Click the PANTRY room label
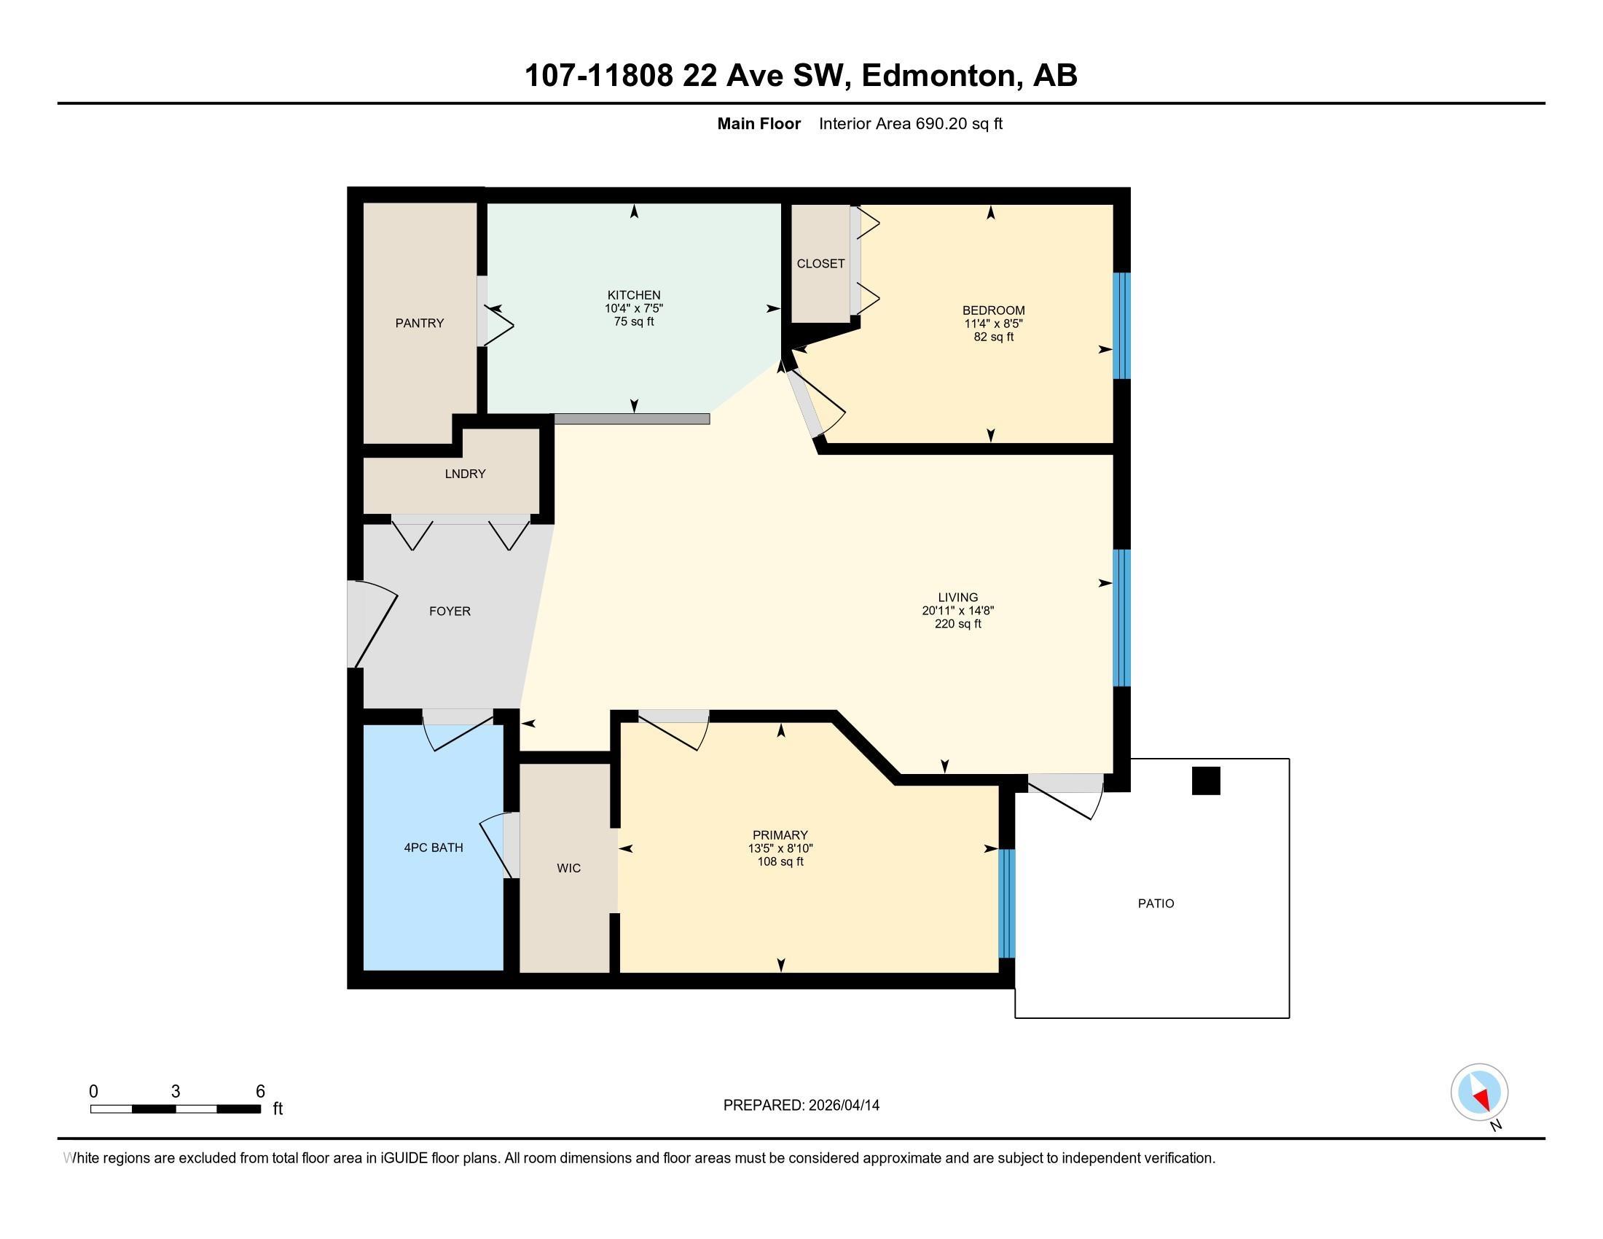[419, 323]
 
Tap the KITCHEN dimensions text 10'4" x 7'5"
[633, 309]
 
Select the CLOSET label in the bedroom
[820, 264]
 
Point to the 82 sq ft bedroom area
[993, 337]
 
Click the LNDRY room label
[465, 474]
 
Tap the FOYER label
[449, 611]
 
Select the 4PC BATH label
[433, 848]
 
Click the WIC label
[568, 868]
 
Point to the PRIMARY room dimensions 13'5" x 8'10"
[780, 848]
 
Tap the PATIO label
[1156, 904]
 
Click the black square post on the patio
[1205, 781]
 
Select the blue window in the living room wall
[1121, 617]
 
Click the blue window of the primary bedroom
[1006, 904]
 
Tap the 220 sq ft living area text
[957, 624]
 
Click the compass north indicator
[1479, 1093]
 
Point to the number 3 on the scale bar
[176, 1092]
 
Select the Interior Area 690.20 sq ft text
[910, 124]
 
